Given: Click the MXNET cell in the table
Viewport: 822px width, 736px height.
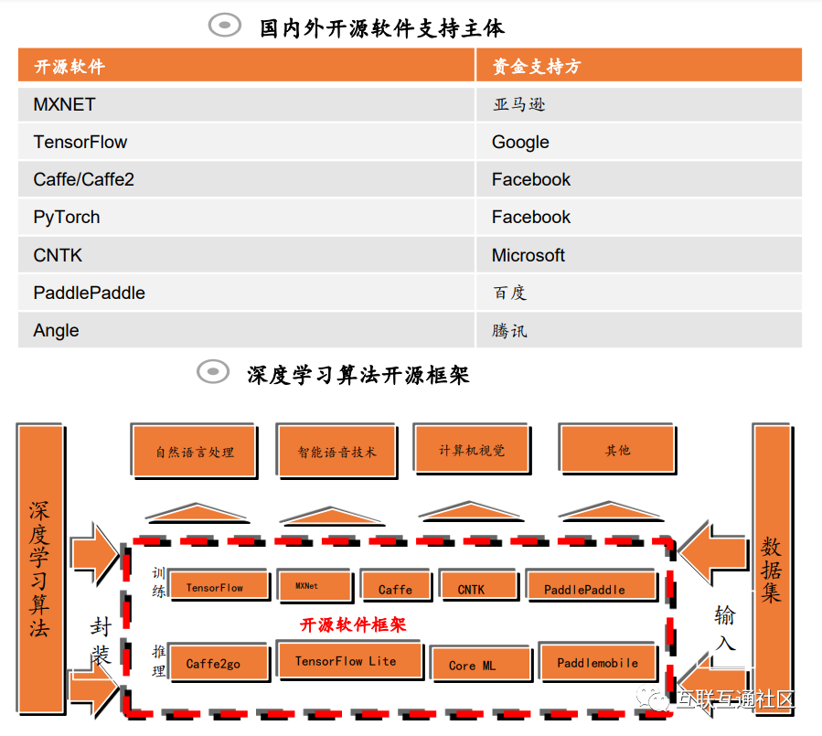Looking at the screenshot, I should click(64, 104).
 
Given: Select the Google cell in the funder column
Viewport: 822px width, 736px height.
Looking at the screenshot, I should click(520, 142).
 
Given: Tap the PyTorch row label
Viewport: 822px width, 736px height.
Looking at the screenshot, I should click(67, 218).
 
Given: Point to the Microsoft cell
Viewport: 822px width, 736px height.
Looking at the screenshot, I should click(528, 255).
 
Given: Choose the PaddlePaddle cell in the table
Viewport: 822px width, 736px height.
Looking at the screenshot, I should click(89, 293).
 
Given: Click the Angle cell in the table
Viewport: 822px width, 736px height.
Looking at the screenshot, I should click(56, 330).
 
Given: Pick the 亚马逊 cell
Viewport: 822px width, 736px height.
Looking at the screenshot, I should click(518, 104).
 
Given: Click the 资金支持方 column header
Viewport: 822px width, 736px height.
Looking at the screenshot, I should click(537, 67).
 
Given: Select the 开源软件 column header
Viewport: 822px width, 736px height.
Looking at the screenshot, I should click(69, 67).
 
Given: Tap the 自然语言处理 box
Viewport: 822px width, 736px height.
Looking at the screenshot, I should click(195, 451).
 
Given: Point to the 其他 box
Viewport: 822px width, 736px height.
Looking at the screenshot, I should click(617, 449).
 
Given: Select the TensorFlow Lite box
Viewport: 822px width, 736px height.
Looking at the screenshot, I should click(346, 661).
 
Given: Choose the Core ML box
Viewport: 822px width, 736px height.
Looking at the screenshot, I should click(473, 665).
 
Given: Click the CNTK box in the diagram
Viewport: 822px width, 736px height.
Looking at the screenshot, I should click(471, 589).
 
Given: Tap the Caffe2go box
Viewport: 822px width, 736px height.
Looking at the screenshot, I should click(213, 663).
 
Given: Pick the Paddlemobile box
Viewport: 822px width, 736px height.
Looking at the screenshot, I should click(597, 662).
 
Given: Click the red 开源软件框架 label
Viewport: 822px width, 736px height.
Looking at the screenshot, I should click(353, 624).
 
